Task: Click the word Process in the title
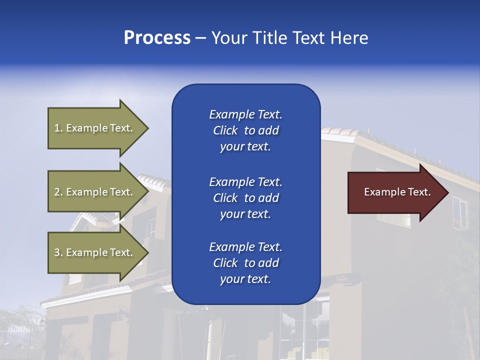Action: tap(157, 38)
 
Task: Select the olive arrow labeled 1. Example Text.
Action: tap(95, 128)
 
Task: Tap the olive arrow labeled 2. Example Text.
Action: tap(95, 192)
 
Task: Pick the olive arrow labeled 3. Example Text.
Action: tap(95, 252)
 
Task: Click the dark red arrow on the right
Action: tap(395, 192)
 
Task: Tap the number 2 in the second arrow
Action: tap(57, 192)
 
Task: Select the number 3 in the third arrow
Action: tap(57, 252)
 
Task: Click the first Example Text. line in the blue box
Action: tap(245, 114)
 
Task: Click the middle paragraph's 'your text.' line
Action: tap(245, 214)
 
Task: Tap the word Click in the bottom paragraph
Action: tap(225, 263)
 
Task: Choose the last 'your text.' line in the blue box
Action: tap(245, 279)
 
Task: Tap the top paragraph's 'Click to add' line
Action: tap(245, 130)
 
